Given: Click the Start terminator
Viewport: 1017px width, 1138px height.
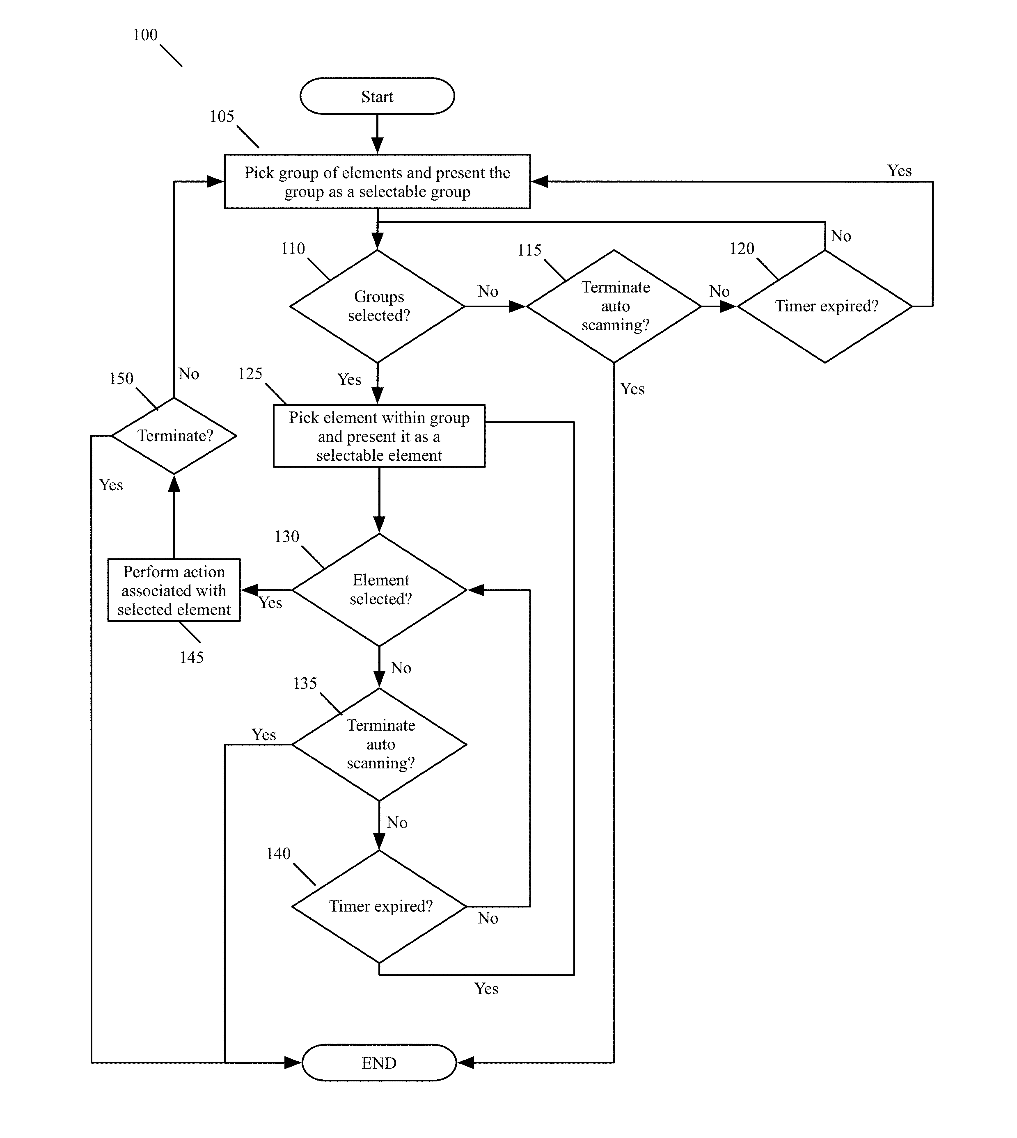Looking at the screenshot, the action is [377, 96].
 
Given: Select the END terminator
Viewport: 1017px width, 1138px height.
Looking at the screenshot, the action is [379, 1063].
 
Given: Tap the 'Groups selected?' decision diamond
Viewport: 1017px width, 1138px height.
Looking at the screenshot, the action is [378, 306].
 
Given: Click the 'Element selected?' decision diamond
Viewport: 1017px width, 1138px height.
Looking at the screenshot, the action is [379, 590].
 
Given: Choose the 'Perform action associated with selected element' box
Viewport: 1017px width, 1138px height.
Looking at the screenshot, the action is [174, 590].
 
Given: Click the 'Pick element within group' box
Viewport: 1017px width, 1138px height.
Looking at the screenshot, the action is [379, 436].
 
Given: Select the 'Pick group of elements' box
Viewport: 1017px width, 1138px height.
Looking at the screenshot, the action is [377, 182].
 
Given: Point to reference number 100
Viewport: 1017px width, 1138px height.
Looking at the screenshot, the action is [145, 34].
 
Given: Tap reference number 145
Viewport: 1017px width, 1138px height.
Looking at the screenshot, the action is [192, 657].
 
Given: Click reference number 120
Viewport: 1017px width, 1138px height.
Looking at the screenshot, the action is [742, 248].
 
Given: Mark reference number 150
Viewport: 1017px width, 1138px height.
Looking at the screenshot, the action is [121, 378].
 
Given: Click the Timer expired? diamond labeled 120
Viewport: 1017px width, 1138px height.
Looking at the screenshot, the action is [825, 306].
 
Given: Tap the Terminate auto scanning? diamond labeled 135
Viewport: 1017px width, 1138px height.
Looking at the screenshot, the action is [379, 744].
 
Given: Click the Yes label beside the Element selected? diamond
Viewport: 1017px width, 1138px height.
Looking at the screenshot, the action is [270, 602].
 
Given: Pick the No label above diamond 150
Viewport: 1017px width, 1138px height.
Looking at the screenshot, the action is [189, 373].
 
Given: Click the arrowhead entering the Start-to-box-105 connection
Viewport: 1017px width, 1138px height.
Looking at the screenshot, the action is [377, 145].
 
